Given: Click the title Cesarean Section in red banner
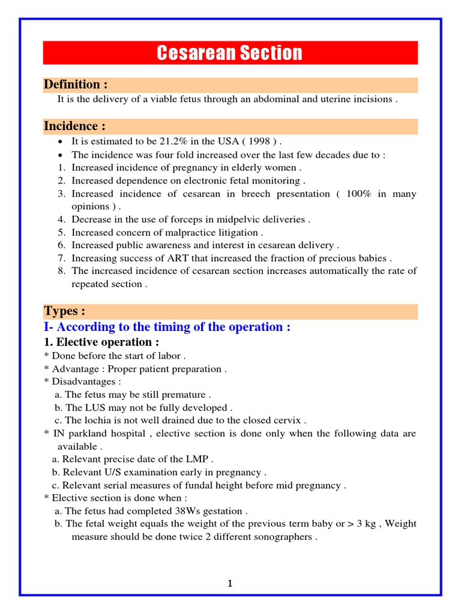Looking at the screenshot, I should (x=230, y=53).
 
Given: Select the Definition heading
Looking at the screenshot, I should (x=75, y=85).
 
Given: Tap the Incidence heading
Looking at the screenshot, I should (x=74, y=127).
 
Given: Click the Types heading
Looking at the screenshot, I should (x=64, y=311).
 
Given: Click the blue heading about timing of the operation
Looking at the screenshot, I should (x=167, y=327).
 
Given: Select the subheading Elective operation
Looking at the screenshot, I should (x=101, y=342).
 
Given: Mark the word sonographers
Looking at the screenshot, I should (x=283, y=537).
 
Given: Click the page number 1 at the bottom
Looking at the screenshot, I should (x=230, y=583).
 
